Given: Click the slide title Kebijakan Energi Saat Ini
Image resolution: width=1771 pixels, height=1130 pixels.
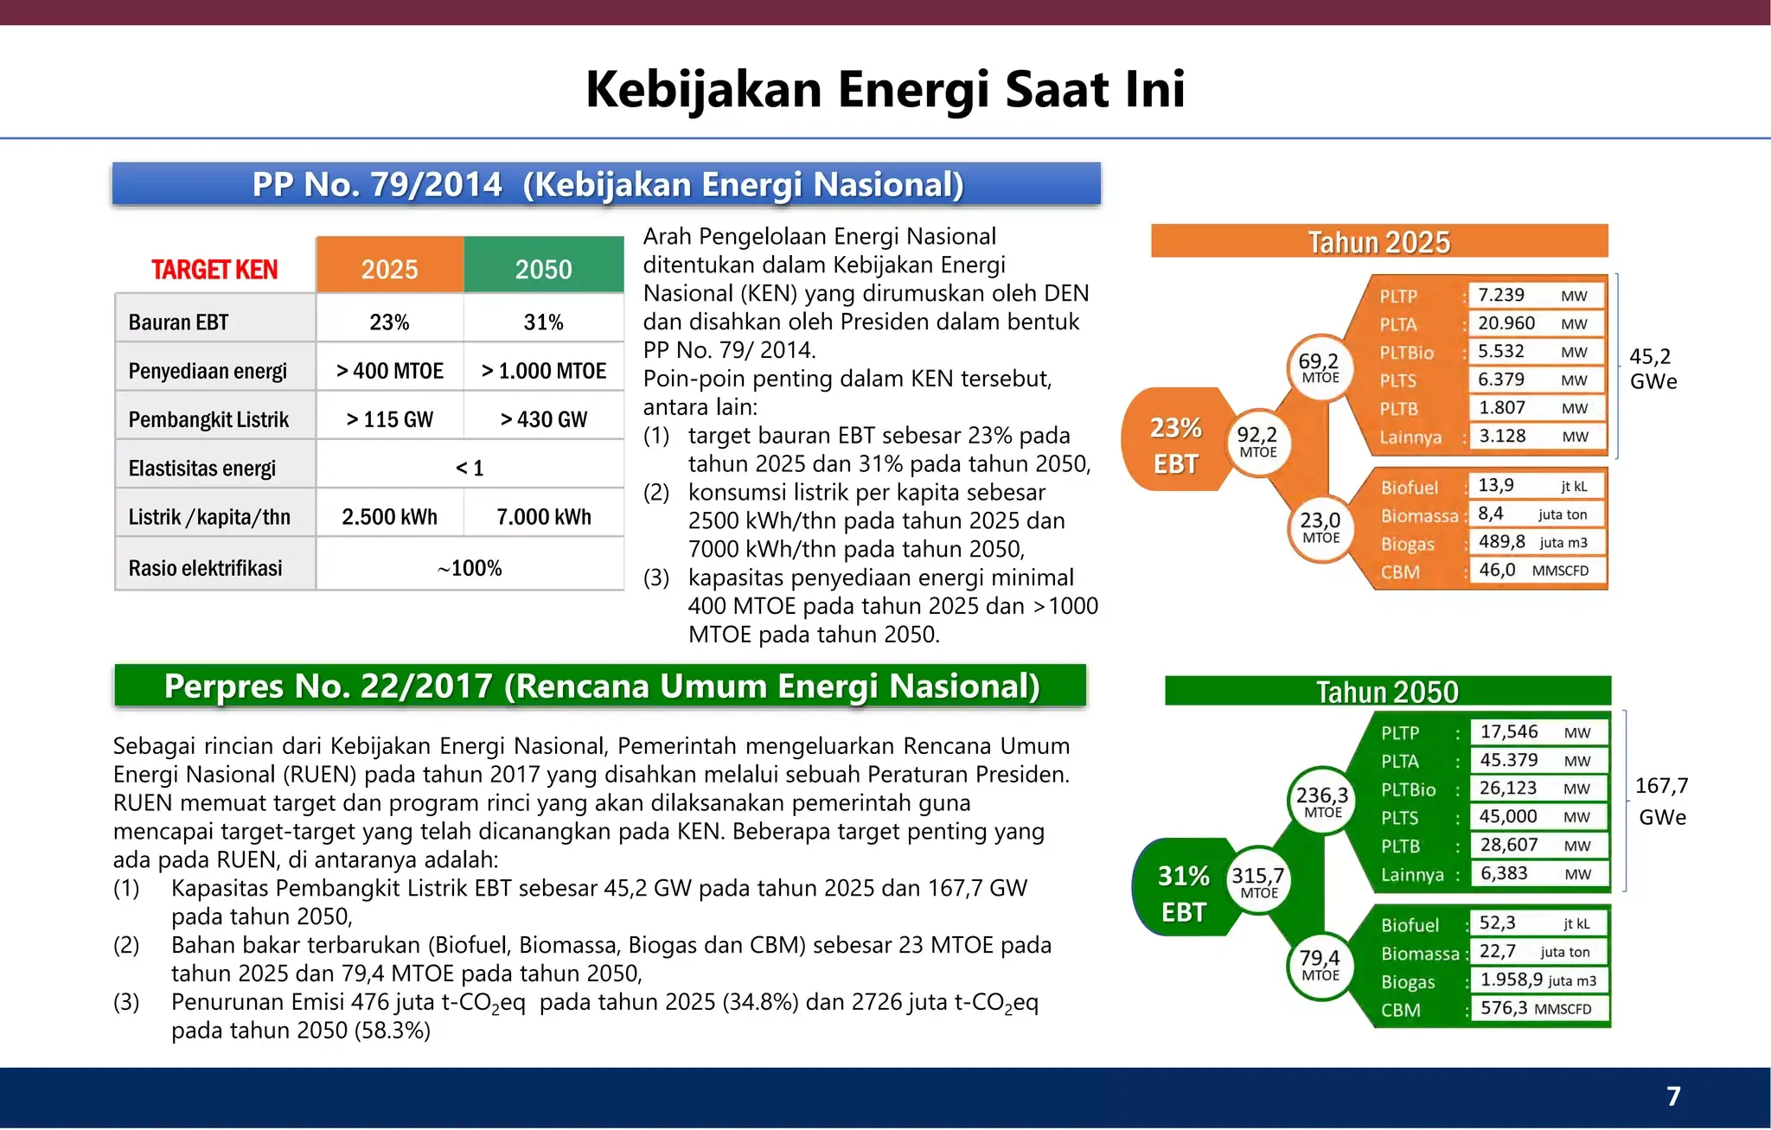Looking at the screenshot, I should (x=885, y=89).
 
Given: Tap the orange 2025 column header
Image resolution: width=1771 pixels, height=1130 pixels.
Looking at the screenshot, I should (x=389, y=268).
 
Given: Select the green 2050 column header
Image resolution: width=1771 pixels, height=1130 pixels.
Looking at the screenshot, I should (x=543, y=268).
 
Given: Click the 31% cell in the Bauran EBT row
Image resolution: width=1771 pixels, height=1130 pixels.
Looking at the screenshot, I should (x=543, y=322).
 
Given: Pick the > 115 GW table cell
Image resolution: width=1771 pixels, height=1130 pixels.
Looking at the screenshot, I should (x=389, y=419).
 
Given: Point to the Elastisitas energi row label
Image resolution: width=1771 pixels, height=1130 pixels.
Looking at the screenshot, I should (x=202, y=468).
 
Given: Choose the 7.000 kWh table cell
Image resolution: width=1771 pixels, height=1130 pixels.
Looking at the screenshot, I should (x=543, y=517).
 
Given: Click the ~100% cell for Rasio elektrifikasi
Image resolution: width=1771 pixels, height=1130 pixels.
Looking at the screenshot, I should (x=470, y=568).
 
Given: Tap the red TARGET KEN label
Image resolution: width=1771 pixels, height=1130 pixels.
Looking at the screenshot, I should (x=214, y=270).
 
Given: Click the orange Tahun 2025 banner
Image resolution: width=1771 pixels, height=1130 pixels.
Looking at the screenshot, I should (x=1378, y=241).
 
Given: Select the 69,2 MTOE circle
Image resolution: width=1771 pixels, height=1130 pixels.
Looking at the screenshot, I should (x=1320, y=367).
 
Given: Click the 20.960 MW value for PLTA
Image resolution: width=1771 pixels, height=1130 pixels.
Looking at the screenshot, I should (x=1535, y=323).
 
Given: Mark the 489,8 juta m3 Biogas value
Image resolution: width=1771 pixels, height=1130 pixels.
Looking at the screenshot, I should (x=1535, y=542).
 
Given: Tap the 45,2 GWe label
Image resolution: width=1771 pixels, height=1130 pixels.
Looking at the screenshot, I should (x=1652, y=369).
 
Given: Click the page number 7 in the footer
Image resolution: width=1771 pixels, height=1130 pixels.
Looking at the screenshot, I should (x=1672, y=1096).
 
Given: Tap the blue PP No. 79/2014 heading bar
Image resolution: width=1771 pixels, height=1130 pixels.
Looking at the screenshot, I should (x=606, y=184).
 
